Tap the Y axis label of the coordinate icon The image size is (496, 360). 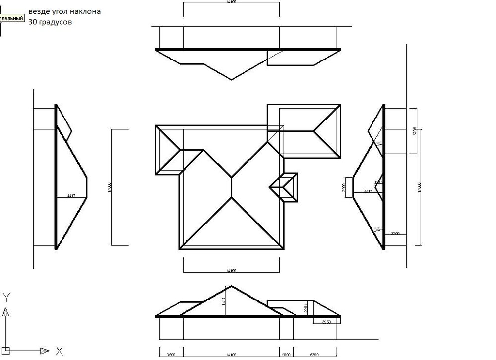click(x=6, y=298)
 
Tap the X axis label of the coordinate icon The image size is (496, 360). click(x=59, y=351)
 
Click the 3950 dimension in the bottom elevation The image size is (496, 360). click(x=326, y=322)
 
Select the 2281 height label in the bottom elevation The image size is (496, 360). click(x=306, y=308)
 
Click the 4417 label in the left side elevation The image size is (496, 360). click(x=71, y=196)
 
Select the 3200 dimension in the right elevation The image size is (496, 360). click(x=395, y=233)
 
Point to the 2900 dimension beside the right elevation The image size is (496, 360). click(x=344, y=187)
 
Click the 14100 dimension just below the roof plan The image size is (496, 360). click(x=231, y=271)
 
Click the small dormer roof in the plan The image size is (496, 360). click(x=285, y=187)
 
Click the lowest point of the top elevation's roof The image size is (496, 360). click(x=231, y=79)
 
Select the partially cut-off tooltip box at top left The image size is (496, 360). click(x=12, y=19)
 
